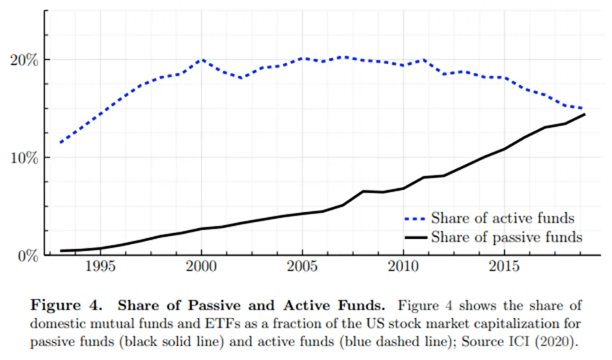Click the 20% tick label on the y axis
25,60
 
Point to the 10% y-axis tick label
25,158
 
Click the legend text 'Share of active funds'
503,217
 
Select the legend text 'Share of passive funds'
506,237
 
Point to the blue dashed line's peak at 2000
202,60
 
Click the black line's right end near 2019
584,114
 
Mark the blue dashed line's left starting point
60,142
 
